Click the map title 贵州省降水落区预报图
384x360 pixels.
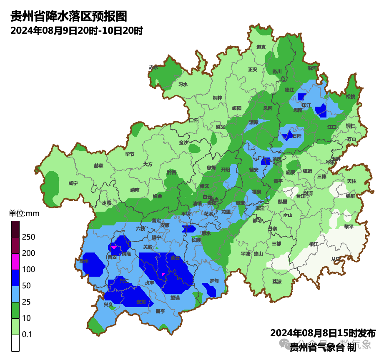[x=68, y=16]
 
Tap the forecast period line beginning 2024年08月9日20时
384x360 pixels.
[x=77, y=31]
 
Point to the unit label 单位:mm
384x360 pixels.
[x=24, y=214]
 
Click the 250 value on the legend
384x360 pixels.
[x=28, y=237]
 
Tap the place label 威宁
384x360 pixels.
[x=73, y=183]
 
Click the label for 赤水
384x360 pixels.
[x=153, y=67]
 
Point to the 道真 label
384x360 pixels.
[x=261, y=47]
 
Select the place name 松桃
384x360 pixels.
[x=350, y=96]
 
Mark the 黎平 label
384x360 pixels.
[x=349, y=227]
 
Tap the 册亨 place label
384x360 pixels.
[x=160, y=311]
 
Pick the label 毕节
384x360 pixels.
[x=130, y=154]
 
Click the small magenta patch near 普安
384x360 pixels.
[x=113, y=247]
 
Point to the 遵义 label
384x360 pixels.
[x=220, y=127]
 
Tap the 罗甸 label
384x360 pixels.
[x=214, y=281]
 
